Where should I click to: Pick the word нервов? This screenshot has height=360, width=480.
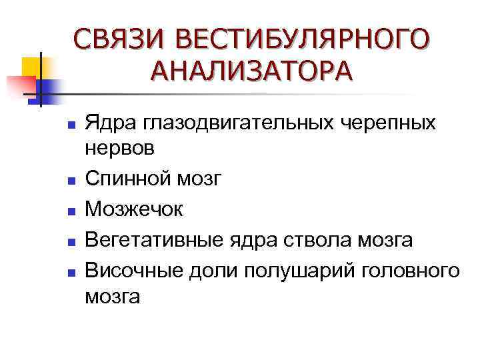tap(120, 149)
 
